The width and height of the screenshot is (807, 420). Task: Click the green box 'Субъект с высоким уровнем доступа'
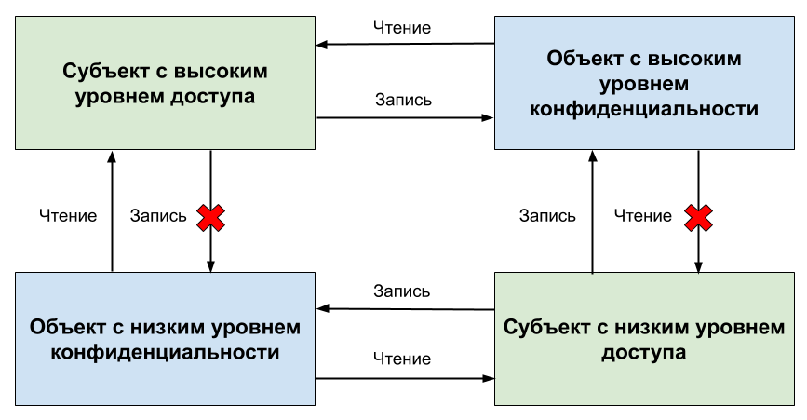[x=165, y=82]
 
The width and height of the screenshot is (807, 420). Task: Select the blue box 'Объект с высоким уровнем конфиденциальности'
[x=644, y=84]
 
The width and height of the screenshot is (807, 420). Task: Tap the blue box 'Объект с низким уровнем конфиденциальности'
[x=165, y=339]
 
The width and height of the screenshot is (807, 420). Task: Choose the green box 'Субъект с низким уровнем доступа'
[x=644, y=339]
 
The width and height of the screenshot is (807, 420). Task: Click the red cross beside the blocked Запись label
[x=210, y=217]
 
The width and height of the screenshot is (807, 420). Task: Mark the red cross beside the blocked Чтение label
[x=698, y=217]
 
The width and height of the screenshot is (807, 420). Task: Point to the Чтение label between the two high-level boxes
[x=403, y=28]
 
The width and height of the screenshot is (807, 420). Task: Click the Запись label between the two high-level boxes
[x=403, y=100]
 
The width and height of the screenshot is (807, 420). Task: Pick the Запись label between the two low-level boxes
[x=401, y=291]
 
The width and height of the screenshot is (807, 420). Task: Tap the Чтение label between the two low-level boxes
[x=402, y=359]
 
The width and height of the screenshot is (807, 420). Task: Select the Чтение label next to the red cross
[x=643, y=216]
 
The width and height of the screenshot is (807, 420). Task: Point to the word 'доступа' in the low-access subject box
[x=644, y=353]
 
